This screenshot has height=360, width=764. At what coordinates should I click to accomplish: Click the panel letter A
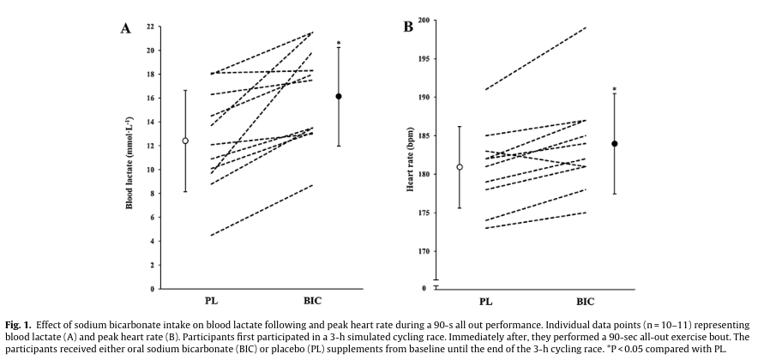click(125, 27)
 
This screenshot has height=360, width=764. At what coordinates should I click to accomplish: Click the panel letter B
click(408, 27)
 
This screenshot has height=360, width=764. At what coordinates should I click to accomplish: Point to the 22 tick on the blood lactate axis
click(151, 27)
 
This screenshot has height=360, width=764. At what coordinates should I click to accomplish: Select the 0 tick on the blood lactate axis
click(153, 289)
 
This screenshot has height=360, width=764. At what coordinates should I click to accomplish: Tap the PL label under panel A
click(210, 302)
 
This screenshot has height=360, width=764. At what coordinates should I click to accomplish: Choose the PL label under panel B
click(485, 302)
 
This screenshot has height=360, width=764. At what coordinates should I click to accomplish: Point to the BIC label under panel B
click(586, 302)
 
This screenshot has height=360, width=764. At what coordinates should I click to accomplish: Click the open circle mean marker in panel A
click(185, 141)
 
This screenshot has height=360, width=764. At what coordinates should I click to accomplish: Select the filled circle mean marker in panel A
click(339, 96)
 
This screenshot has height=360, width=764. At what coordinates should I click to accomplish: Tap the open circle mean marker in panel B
click(460, 167)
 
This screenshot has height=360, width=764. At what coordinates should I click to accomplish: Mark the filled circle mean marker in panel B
click(615, 144)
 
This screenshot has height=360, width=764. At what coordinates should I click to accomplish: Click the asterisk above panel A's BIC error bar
click(339, 43)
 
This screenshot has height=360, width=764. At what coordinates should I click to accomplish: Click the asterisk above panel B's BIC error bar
click(615, 89)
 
